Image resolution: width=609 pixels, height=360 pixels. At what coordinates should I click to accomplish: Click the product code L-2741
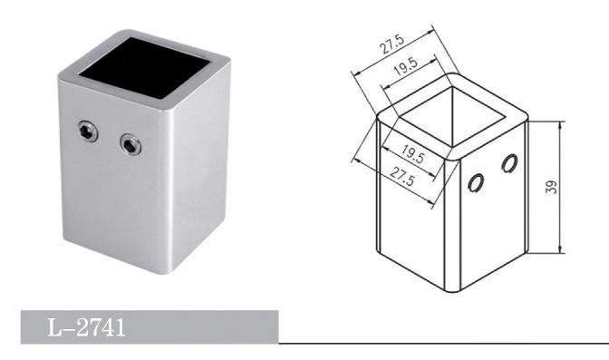[86, 327]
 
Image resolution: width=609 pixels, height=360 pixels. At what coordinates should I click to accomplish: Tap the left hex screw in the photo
[87, 131]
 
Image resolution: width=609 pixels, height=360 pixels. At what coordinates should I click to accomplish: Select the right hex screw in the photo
[130, 144]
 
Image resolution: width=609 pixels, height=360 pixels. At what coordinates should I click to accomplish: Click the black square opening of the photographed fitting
[144, 68]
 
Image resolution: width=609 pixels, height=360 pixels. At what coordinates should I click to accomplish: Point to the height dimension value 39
[552, 187]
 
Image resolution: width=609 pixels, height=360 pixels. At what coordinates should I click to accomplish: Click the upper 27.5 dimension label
[392, 44]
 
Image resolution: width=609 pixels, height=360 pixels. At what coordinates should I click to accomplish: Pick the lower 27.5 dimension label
[402, 176]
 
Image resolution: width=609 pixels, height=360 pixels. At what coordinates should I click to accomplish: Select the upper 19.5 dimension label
[405, 66]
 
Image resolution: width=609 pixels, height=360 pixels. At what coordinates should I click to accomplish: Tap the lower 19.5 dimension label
[412, 153]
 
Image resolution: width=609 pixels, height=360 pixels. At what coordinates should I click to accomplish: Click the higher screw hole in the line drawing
[509, 163]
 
